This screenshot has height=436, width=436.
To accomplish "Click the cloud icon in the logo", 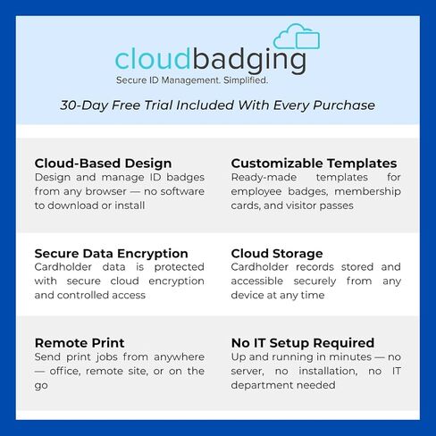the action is click(x=297, y=38).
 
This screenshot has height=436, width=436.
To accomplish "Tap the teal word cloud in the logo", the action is click(x=153, y=59).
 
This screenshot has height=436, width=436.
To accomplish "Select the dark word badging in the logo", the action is click(x=249, y=61).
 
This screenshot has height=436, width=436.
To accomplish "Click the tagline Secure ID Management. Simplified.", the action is click(x=192, y=80).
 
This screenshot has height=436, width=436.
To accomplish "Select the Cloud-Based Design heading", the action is click(x=103, y=163).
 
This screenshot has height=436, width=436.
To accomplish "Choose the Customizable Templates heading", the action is click(x=314, y=163).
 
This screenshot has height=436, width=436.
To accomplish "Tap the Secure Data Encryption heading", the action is click(x=111, y=254).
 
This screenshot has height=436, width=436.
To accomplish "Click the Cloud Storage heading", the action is click(x=277, y=254).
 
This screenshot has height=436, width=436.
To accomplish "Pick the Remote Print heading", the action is click(x=80, y=343).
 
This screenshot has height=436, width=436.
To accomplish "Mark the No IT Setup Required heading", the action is click(x=303, y=343).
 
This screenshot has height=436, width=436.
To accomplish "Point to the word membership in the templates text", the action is click(x=368, y=191).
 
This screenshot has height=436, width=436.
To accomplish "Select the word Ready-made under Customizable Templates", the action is click(x=264, y=178).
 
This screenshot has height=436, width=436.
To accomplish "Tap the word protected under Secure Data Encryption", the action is click(x=180, y=267).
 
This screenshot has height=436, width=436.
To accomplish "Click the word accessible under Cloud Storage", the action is click(x=257, y=281).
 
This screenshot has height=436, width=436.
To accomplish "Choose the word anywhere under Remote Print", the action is click(x=180, y=357).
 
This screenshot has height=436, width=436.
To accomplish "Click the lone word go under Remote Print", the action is click(x=41, y=386).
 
